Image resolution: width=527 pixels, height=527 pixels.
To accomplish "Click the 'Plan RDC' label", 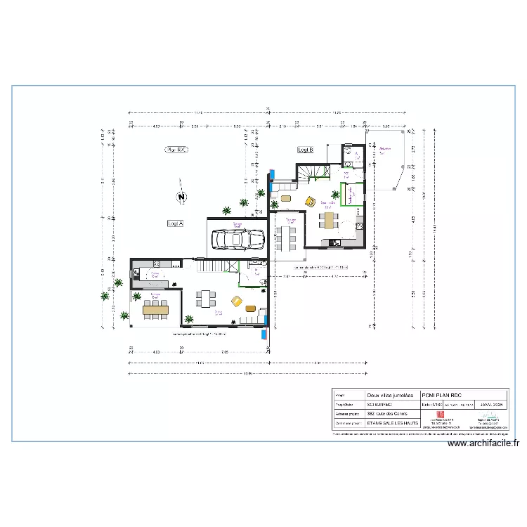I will click(x=175, y=150).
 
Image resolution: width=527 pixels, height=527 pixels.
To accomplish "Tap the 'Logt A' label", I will click(x=175, y=223).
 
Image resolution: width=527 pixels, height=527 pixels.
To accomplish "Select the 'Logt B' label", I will click(x=305, y=150).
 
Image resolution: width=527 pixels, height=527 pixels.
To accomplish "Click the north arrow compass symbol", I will click(x=181, y=197).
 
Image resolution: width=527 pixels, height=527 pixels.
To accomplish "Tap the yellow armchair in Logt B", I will click(x=309, y=200).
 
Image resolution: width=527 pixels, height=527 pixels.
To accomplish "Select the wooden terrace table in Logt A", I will click(x=155, y=308).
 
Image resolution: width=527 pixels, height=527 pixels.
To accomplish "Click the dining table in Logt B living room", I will click(x=330, y=221).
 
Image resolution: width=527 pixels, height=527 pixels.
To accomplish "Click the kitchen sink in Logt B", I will click(x=337, y=244).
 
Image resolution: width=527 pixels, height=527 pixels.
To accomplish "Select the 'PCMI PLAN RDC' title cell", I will click(x=441, y=395).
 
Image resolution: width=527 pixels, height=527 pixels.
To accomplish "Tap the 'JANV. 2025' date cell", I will click(x=491, y=405).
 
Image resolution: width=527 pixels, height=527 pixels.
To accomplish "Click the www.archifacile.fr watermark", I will click(x=483, y=443).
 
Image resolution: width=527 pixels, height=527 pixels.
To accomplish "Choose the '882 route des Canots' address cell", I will click(x=388, y=414).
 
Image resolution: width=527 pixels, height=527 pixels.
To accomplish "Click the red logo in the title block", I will click(x=441, y=415).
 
